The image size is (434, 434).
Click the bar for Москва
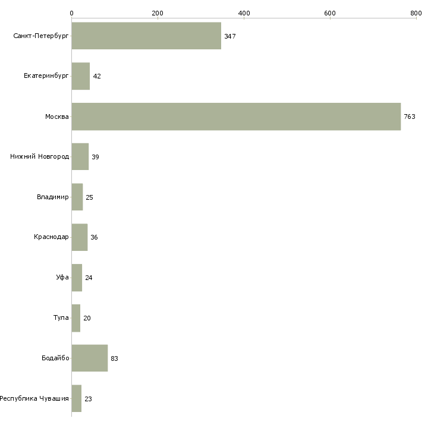click(x=236, y=117)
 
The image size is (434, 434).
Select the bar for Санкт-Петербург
click(x=146, y=36)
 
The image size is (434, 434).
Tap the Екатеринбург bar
click(x=81, y=76)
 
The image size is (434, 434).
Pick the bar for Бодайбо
click(x=90, y=358)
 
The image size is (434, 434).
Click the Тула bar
click(x=76, y=318)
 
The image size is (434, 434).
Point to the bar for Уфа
click(x=77, y=278)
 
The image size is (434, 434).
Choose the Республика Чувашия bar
click(x=77, y=398)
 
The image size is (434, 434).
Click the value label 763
click(x=410, y=117)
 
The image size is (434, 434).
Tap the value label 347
click(x=230, y=36)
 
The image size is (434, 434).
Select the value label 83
click(x=114, y=358)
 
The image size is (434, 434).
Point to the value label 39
click(x=95, y=157)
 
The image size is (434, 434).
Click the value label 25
click(x=89, y=197)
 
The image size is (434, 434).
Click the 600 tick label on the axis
click(x=330, y=13)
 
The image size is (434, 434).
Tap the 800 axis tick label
click(x=416, y=13)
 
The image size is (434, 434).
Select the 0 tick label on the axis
click(x=72, y=13)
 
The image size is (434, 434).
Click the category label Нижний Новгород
click(x=40, y=157)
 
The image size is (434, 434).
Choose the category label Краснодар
click(x=51, y=237)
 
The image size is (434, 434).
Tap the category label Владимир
click(x=52, y=197)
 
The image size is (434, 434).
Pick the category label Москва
click(x=57, y=117)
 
